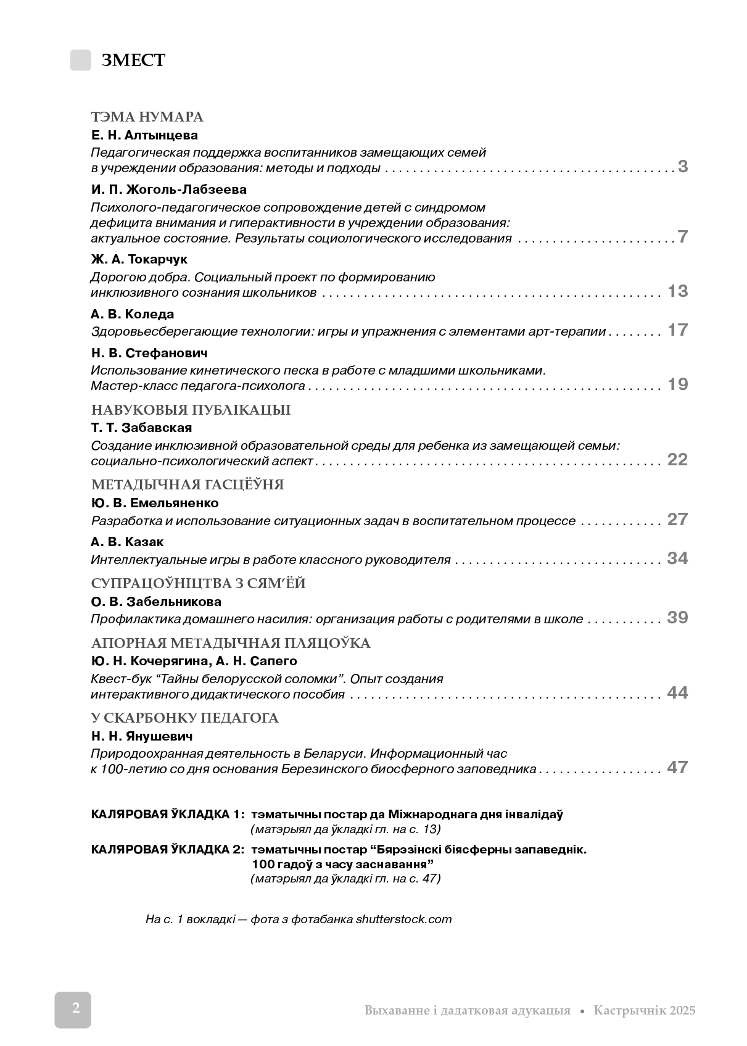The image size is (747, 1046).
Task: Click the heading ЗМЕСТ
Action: point(133,60)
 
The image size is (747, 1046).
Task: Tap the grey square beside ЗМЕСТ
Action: point(80,60)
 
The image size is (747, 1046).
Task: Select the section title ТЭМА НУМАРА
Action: point(147,117)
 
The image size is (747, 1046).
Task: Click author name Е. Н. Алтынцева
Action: point(144,135)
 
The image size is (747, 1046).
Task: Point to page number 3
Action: point(682,167)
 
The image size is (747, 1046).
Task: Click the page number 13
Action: point(677,291)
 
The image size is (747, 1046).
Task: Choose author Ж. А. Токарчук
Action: point(139,259)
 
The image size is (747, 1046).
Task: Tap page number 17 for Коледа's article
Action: point(677,330)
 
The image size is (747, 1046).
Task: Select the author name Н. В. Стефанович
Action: point(149,353)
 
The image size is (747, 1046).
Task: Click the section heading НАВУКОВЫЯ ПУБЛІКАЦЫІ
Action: point(191,410)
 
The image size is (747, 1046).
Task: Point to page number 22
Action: point(677,460)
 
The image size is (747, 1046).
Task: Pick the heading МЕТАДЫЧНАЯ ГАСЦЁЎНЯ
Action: point(188,485)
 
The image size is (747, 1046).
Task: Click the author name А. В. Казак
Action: point(127,542)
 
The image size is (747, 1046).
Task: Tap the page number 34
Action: point(677,558)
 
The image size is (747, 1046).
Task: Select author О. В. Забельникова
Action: point(156,602)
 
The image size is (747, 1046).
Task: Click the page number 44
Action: point(677,693)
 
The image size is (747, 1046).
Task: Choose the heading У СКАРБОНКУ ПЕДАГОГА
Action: point(184,718)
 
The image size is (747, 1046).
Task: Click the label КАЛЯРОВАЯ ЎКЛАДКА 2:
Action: point(167,849)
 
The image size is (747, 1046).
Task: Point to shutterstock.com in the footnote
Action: point(403,919)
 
